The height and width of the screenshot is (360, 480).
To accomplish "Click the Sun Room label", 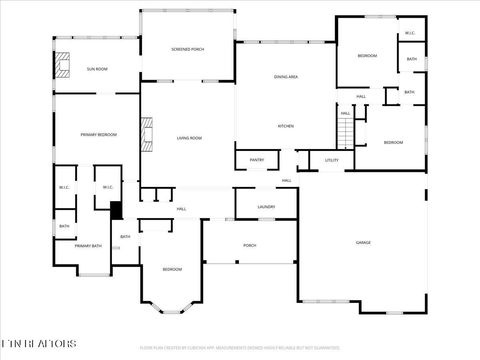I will [x=97, y=69].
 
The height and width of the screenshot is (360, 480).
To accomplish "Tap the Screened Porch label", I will [x=188, y=49].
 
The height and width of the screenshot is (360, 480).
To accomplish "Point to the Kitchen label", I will [x=284, y=126].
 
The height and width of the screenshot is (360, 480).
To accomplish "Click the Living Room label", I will [x=189, y=138].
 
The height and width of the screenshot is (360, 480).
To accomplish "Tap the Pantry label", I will [x=256, y=159].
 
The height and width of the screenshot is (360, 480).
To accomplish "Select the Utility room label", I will [x=332, y=159].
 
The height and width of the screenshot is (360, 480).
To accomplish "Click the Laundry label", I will [x=266, y=206].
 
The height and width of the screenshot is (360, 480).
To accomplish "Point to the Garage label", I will [x=364, y=243].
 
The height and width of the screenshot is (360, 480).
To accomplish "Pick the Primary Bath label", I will [x=87, y=245].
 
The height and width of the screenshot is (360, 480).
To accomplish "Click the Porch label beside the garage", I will [x=250, y=245].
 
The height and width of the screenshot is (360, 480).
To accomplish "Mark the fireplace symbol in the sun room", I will [x=65, y=66].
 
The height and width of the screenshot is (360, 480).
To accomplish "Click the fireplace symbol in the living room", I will [x=148, y=134].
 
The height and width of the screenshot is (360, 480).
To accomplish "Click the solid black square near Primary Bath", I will [x=116, y=210].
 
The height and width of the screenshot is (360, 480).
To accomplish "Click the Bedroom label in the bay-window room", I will [x=172, y=269].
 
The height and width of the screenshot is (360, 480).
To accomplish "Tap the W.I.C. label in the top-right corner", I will [x=410, y=34].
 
